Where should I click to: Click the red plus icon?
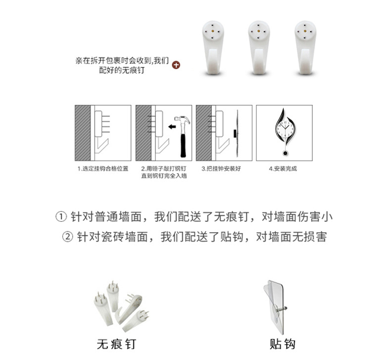pos(176,65)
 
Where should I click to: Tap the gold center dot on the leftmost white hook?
pos(212,31)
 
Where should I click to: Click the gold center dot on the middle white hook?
pos(258,31)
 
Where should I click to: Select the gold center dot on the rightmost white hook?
pos(305,31)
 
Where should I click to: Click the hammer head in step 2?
pos(182,120)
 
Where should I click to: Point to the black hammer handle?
pos(183,145)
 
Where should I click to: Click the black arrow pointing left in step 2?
pos(172,127)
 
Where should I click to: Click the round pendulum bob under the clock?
pos(285,153)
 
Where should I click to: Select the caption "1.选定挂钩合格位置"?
pos(103,169)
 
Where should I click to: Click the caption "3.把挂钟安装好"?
pos(221,169)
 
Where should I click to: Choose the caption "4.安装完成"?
pos(283,169)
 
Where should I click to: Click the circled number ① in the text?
pos(61,217)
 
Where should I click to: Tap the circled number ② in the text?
pos(67,237)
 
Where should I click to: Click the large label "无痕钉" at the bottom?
pos(116,344)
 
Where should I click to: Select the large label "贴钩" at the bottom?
pos(283,344)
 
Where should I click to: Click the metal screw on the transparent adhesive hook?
pos(282,309)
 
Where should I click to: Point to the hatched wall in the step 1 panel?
pos(83,133)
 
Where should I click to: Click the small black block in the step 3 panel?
pos(235,134)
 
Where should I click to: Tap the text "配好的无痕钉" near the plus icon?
pos(122,70)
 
